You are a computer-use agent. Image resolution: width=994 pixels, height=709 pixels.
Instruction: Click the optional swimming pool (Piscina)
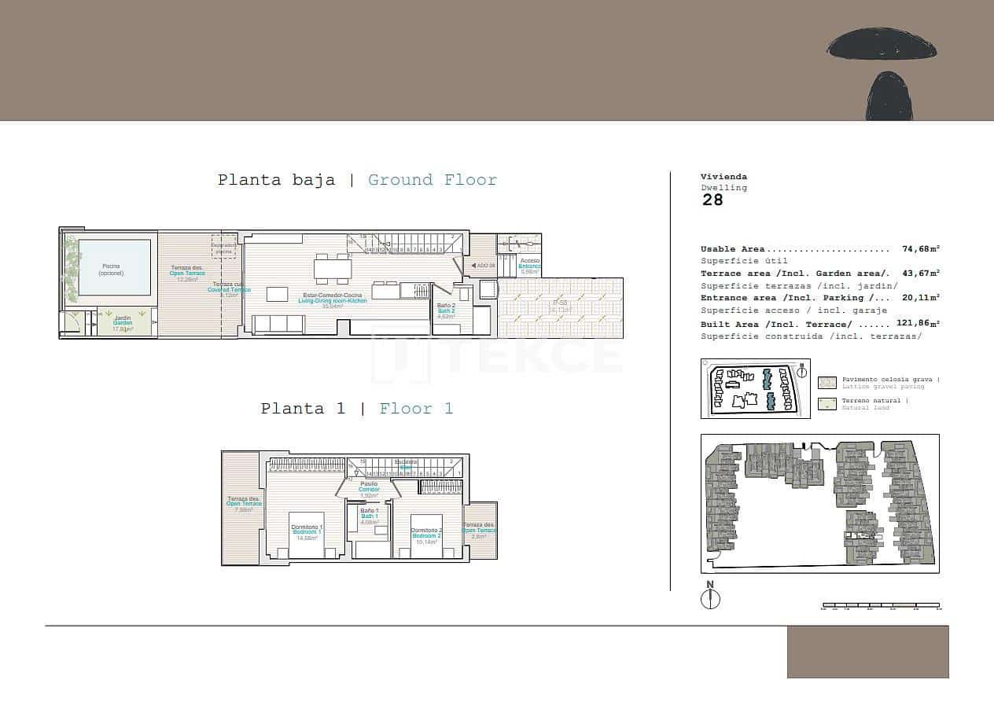pos(115,267)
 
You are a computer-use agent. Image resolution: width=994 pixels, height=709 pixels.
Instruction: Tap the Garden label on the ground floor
pos(122,323)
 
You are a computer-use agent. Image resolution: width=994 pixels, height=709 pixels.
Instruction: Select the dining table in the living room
pos(333,270)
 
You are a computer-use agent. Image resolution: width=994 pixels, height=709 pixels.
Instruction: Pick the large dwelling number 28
pos(712,200)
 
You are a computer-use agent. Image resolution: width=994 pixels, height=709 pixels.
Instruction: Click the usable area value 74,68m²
pos(921,249)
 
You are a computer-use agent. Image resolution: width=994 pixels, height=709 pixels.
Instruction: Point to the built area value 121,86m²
pos(919,324)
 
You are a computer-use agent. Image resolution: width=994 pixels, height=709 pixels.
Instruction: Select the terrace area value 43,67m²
pos(921,274)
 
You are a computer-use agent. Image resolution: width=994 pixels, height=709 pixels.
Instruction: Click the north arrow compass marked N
pos(710,597)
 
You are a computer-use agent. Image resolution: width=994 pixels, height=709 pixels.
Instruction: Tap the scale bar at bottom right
pos(881,606)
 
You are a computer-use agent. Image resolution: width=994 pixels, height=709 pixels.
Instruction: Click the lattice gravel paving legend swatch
pos(827,383)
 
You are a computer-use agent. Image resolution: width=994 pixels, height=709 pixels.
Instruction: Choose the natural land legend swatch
pos(827,404)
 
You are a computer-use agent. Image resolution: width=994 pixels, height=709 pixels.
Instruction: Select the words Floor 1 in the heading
pos(416,409)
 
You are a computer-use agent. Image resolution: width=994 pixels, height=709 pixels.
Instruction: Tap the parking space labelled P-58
pos(560,307)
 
